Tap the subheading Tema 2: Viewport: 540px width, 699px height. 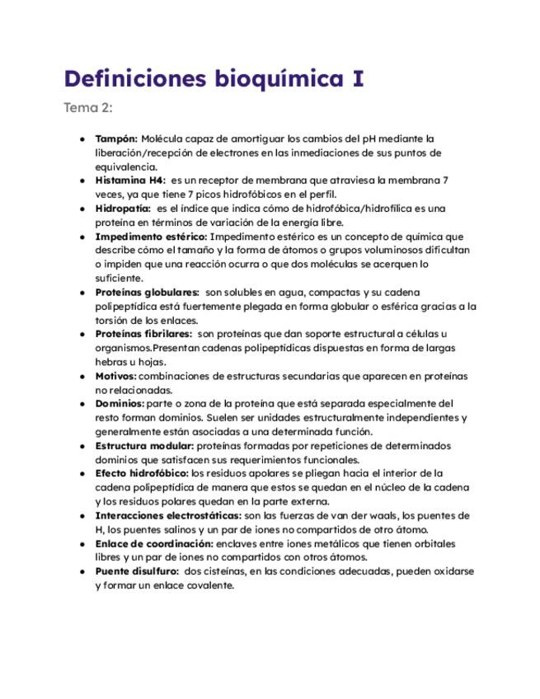87,108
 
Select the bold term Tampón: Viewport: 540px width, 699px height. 116,138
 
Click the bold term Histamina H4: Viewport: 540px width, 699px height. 130,180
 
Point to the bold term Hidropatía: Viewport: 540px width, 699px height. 123,208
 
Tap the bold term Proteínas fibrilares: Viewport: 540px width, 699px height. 143,334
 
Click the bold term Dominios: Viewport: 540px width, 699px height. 120,404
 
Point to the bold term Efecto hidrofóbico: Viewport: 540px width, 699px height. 142,474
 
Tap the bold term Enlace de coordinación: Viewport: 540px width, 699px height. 154,544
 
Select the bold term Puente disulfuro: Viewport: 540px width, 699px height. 137,572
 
